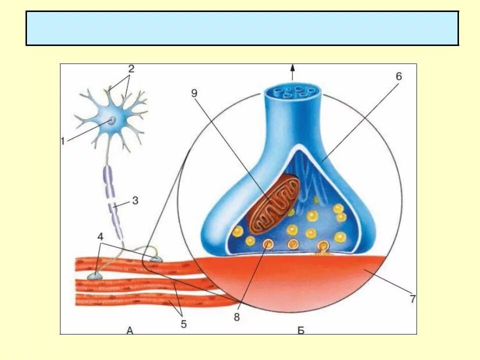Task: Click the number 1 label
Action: pyautogui.click(x=62, y=141)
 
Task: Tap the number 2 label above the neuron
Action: pyautogui.click(x=131, y=68)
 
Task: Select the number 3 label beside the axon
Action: pyautogui.click(x=135, y=201)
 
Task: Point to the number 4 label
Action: pyautogui.click(x=101, y=236)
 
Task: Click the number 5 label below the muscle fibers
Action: pyautogui.click(x=183, y=324)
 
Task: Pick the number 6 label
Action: pyautogui.click(x=398, y=76)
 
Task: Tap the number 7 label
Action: pyautogui.click(x=412, y=299)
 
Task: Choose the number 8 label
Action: pyautogui.click(x=237, y=317)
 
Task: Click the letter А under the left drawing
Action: pyautogui.click(x=130, y=330)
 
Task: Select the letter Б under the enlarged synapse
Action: pyautogui.click(x=300, y=330)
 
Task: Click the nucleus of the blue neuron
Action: pyautogui.click(x=112, y=120)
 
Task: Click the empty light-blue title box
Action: pyautogui.click(x=242, y=28)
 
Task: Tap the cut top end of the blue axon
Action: pyautogui.click(x=293, y=91)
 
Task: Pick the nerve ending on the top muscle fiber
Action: pyautogui.click(x=156, y=258)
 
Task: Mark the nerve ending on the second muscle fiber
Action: pyautogui.click(x=95, y=275)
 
